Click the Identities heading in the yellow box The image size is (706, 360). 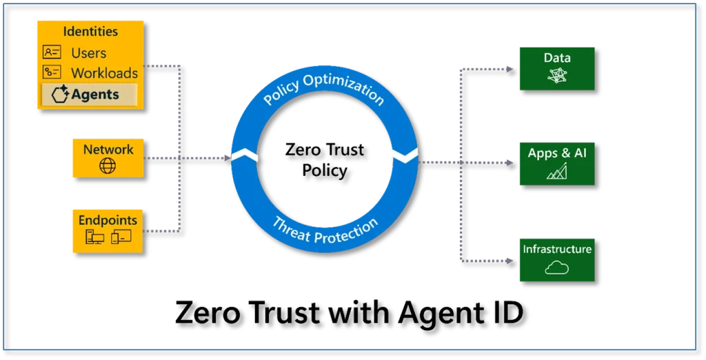[90, 32]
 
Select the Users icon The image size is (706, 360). [52, 52]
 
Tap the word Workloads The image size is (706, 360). [105, 73]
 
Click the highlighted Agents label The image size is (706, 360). [95, 94]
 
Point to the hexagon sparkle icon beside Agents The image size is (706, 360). [60, 94]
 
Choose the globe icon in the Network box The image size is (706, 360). [108, 166]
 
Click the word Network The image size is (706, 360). [108, 150]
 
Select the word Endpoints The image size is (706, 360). [108, 220]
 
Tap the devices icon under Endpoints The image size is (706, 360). [108, 237]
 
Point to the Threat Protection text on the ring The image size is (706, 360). [325, 230]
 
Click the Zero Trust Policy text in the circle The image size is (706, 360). [325, 160]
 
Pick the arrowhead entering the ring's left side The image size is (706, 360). [228, 158]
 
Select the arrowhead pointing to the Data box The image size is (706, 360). [510, 70]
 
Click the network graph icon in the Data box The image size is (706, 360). [557, 75]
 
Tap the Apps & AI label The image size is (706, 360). [557, 153]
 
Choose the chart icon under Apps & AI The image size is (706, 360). [557, 171]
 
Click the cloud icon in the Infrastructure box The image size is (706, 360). [557, 268]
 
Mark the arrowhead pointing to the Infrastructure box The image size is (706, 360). [510, 261]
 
